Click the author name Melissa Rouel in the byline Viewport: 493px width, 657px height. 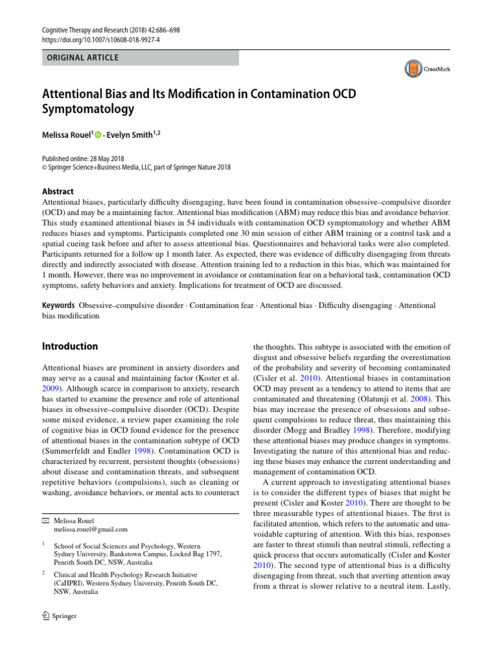tap(67, 134)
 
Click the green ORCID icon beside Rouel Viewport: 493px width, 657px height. tap(98, 135)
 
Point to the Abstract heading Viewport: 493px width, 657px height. tap(57, 191)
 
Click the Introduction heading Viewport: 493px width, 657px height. tap(70, 346)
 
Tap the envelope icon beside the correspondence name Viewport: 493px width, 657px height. tap(45, 520)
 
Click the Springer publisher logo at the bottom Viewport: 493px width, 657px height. tap(59, 616)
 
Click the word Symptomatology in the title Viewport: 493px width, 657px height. tap(89, 108)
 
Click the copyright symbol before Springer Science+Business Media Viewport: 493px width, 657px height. tap(44, 167)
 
